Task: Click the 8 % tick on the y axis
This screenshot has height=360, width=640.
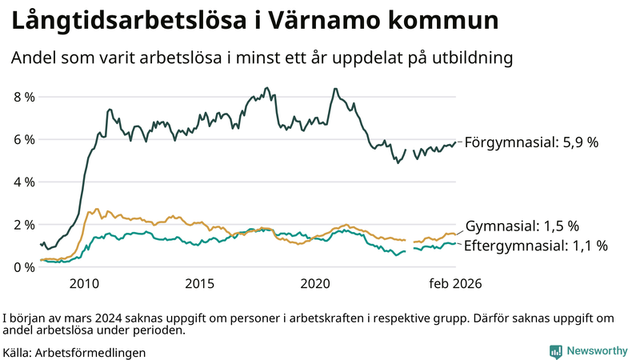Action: (x=24, y=97)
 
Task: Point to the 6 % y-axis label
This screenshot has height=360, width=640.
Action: (x=24, y=139)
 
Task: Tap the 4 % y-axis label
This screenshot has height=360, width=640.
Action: (x=24, y=182)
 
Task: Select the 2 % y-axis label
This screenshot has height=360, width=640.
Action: (x=24, y=224)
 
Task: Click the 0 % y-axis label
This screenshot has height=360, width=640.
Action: (x=24, y=266)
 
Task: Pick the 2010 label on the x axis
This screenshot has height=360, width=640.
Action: (x=84, y=284)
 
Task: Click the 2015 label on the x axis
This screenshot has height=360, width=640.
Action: (x=199, y=284)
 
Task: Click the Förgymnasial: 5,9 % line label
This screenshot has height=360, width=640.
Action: (x=531, y=142)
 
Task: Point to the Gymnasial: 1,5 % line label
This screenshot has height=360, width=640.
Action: (x=522, y=226)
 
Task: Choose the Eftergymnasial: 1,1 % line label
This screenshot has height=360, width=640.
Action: (x=535, y=246)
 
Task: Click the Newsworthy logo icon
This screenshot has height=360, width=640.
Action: (x=555, y=351)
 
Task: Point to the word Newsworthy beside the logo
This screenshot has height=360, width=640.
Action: (x=597, y=351)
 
